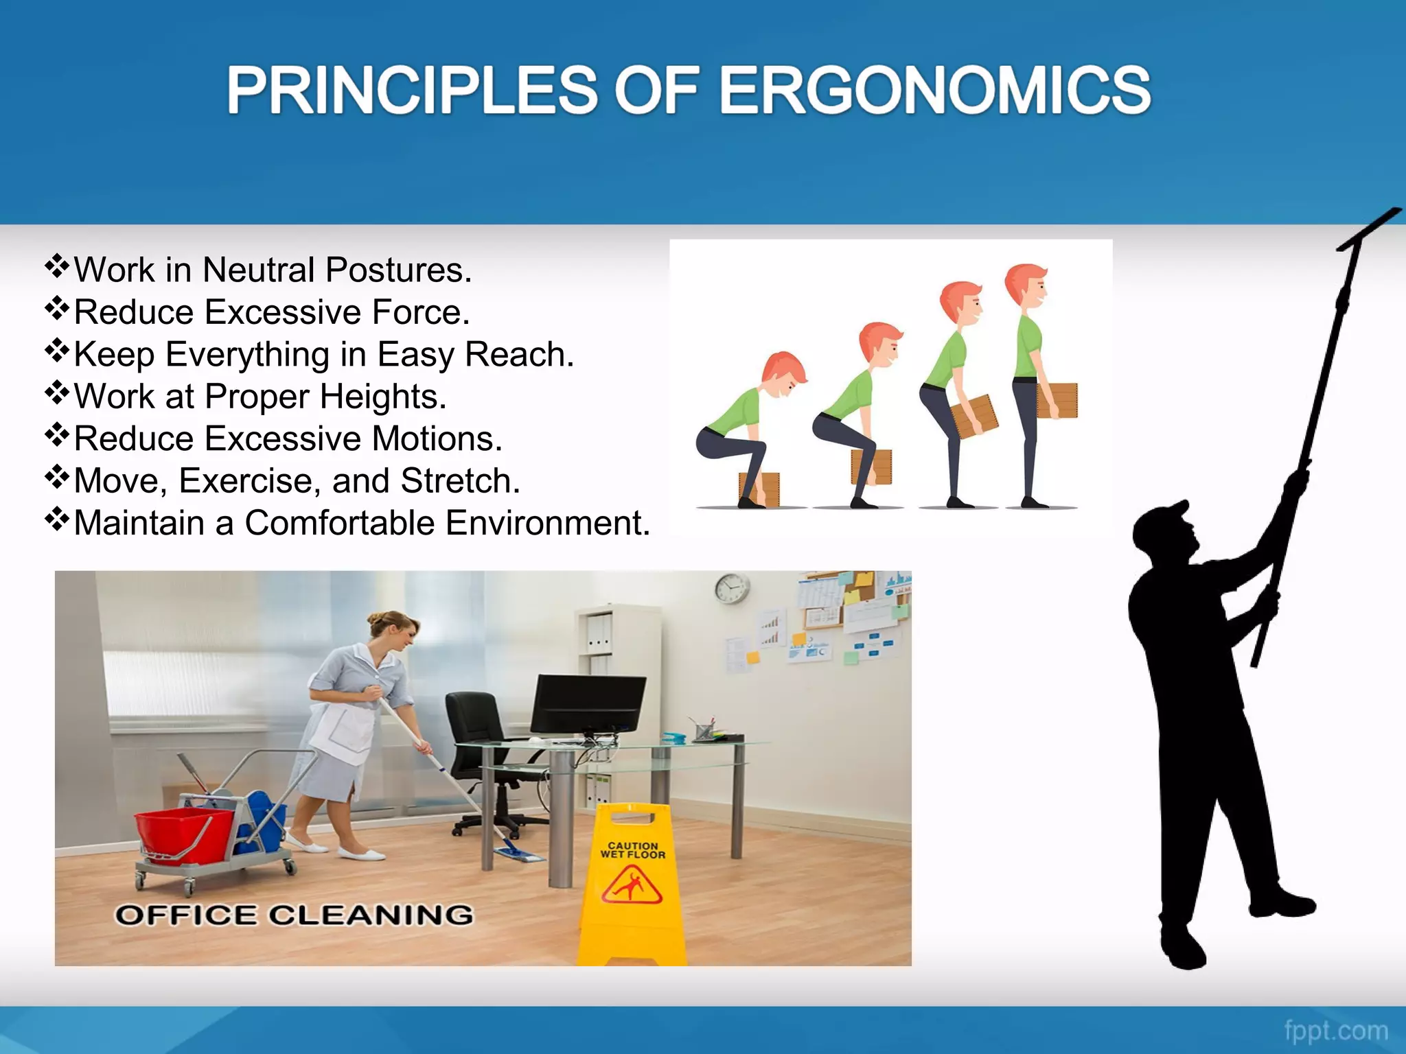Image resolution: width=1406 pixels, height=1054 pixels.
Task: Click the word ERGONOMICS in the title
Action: click(934, 91)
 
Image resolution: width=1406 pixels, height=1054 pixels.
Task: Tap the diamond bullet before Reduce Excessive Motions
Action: click(57, 434)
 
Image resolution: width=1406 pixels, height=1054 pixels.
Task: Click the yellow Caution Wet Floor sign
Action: click(632, 885)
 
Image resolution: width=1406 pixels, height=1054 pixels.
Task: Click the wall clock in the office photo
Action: click(732, 589)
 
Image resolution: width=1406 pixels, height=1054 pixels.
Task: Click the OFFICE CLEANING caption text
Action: click(294, 915)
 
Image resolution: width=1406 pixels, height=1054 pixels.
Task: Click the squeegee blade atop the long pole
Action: click(1370, 230)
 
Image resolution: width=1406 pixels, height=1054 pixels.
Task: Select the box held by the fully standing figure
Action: click(1057, 400)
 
